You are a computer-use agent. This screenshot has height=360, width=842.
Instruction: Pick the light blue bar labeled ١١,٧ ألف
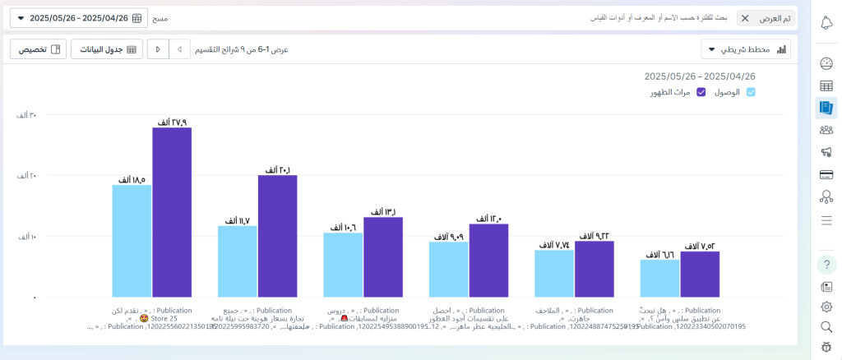[x=238, y=261]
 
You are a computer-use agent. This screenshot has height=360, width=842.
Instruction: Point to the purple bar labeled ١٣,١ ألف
[x=383, y=256]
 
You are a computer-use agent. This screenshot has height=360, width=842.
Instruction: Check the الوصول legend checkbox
[x=750, y=92]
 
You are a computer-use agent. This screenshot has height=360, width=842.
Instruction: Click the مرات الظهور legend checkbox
[x=701, y=92]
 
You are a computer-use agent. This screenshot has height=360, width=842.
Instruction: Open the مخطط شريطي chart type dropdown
[x=746, y=49]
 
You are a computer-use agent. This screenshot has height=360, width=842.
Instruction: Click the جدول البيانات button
[x=107, y=49]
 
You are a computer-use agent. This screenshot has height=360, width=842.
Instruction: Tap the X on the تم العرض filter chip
[x=745, y=18]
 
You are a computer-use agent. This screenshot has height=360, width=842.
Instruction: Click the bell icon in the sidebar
[x=826, y=22]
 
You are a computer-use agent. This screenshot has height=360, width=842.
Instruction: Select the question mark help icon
[x=826, y=264]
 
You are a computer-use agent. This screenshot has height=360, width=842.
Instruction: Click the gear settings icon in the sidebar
[x=826, y=307]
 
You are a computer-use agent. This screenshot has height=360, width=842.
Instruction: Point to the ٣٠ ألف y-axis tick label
[x=27, y=115]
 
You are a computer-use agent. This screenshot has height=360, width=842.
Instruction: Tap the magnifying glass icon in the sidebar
[x=826, y=327]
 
